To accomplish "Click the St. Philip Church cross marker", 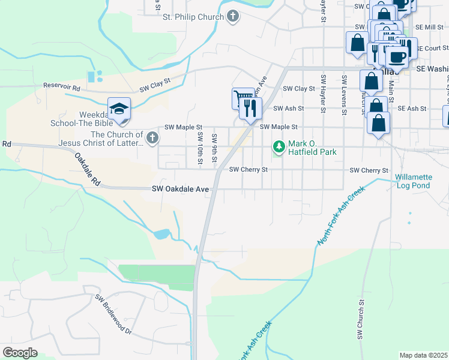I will pyautogui.click(x=233, y=17).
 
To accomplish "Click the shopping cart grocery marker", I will pyautogui.click(x=243, y=97).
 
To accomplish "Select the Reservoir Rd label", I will pyautogui.click(x=61, y=86).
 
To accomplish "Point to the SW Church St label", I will pyautogui.click(x=363, y=320).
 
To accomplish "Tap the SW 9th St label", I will pyautogui.click(x=214, y=147).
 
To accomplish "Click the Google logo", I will pyautogui.click(x=20, y=352).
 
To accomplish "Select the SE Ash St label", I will pyautogui.click(x=412, y=109).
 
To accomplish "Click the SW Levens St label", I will pyautogui.click(x=344, y=95).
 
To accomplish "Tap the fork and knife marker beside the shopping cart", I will pyautogui.click(x=250, y=108).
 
